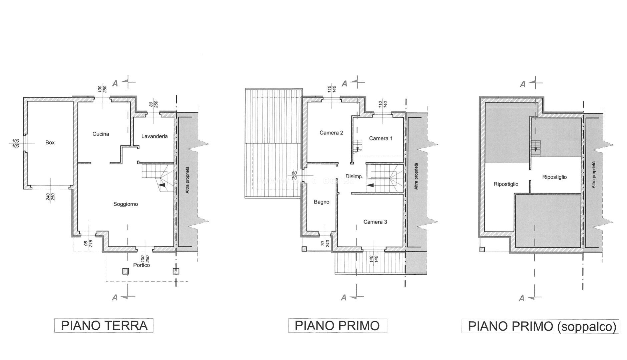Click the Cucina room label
pos(101,134)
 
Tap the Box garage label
pos(50,142)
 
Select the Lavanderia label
pos(154,136)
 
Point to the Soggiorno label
pos(125,204)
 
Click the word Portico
pos(141,265)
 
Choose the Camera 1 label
pos(381,138)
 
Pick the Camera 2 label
pos(331,133)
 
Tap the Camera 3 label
pos(375,222)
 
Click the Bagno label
pos(322,202)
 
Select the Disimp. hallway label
pos(354,176)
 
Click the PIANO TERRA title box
pos(104,325)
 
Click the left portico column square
pos(125,271)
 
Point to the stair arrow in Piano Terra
pos(162,185)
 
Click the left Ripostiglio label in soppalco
pos(506,184)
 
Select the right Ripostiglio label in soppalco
pos(554,177)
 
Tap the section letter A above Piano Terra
pos(115,83)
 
